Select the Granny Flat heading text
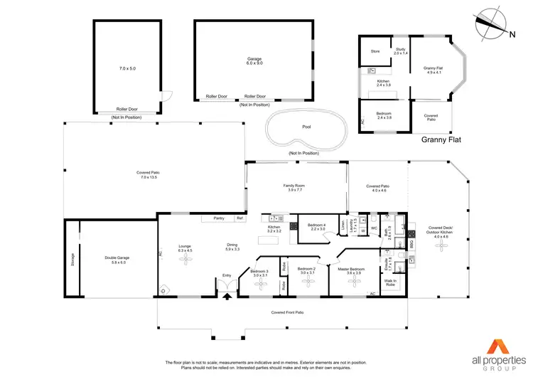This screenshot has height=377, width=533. click(441, 140)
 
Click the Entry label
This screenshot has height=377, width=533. click(227, 275)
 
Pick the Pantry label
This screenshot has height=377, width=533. click(218, 218)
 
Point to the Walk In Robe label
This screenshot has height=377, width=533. click(390, 282)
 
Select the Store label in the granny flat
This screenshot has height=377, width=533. click(375, 51)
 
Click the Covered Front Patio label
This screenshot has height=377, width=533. click(287, 312)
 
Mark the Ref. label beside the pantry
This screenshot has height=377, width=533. click(240, 218)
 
